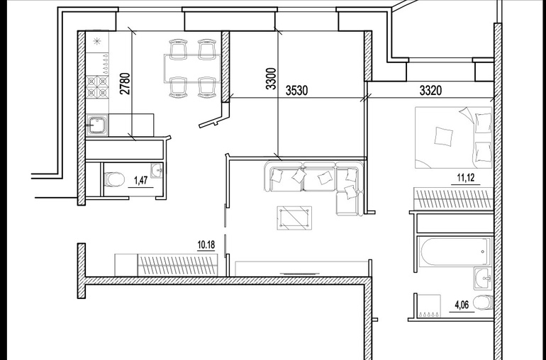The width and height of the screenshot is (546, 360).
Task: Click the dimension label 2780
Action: pyautogui.click(x=126, y=83)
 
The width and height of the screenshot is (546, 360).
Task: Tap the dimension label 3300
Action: pyautogui.click(x=271, y=79)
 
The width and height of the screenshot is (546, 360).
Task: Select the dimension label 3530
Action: pyautogui.click(x=297, y=91)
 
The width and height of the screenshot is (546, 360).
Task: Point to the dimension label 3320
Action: pyautogui.click(x=430, y=91)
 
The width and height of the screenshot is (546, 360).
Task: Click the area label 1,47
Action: pyautogui.click(x=141, y=180)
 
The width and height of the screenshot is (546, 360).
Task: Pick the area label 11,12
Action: pyautogui.click(x=466, y=178)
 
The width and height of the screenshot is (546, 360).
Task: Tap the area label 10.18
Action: pyautogui.click(x=206, y=244)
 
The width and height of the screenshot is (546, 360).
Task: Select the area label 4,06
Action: pyautogui.click(x=462, y=305)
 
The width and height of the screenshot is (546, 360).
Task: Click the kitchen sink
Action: pyautogui.click(x=97, y=125)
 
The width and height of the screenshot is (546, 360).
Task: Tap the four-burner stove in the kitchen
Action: pyautogui.click(x=97, y=86)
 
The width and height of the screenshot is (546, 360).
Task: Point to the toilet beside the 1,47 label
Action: pyautogui.click(x=115, y=180)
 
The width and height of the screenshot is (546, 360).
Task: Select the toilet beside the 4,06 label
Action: pyautogui.click(x=484, y=302)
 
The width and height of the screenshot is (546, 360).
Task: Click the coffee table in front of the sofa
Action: pyautogui.click(x=294, y=218)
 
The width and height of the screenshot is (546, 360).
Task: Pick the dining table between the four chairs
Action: pyautogui.click(x=193, y=68)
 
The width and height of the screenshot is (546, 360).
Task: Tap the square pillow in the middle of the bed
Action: pyautogui.click(x=444, y=136)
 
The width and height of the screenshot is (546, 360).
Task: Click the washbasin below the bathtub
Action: pyautogui.click(x=483, y=279)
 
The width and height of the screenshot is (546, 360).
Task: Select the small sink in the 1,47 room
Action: pyautogui.click(x=157, y=171)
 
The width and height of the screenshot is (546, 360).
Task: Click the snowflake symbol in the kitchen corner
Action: pyautogui.click(x=97, y=42)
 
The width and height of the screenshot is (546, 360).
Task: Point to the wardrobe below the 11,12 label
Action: pyautogui.click(x=453, y=199)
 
